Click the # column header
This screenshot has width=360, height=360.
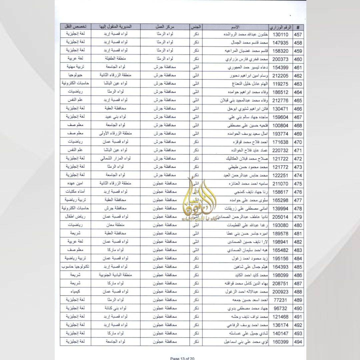[x=298, y=27]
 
